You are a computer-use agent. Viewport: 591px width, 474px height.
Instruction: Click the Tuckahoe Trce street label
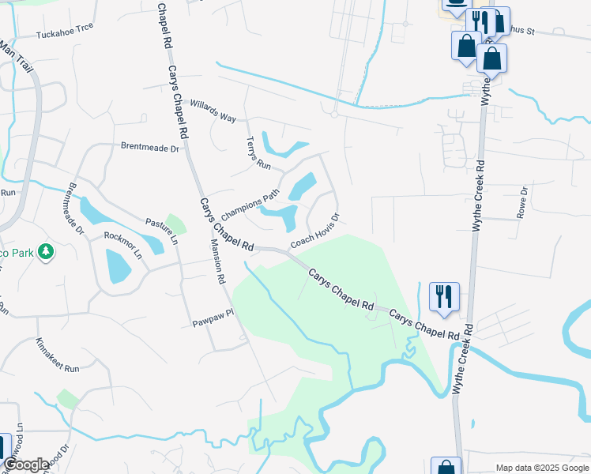65,31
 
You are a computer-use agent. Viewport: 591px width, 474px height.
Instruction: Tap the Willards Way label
213,111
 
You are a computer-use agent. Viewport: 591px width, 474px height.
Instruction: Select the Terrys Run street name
258,154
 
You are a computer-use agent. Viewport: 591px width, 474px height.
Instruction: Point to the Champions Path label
250,204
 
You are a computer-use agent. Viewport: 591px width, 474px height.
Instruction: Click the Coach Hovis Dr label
315,231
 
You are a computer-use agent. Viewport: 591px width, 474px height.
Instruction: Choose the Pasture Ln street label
161,231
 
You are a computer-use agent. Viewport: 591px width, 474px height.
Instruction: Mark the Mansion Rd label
216,261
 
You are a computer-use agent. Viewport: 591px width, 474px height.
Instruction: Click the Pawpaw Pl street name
213,318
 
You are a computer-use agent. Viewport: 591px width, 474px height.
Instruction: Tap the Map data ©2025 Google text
543,468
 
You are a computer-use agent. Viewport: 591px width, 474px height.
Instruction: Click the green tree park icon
47,251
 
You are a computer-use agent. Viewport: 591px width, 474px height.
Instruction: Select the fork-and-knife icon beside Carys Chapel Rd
444,297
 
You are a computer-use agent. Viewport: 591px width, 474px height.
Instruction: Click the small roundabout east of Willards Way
334,115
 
